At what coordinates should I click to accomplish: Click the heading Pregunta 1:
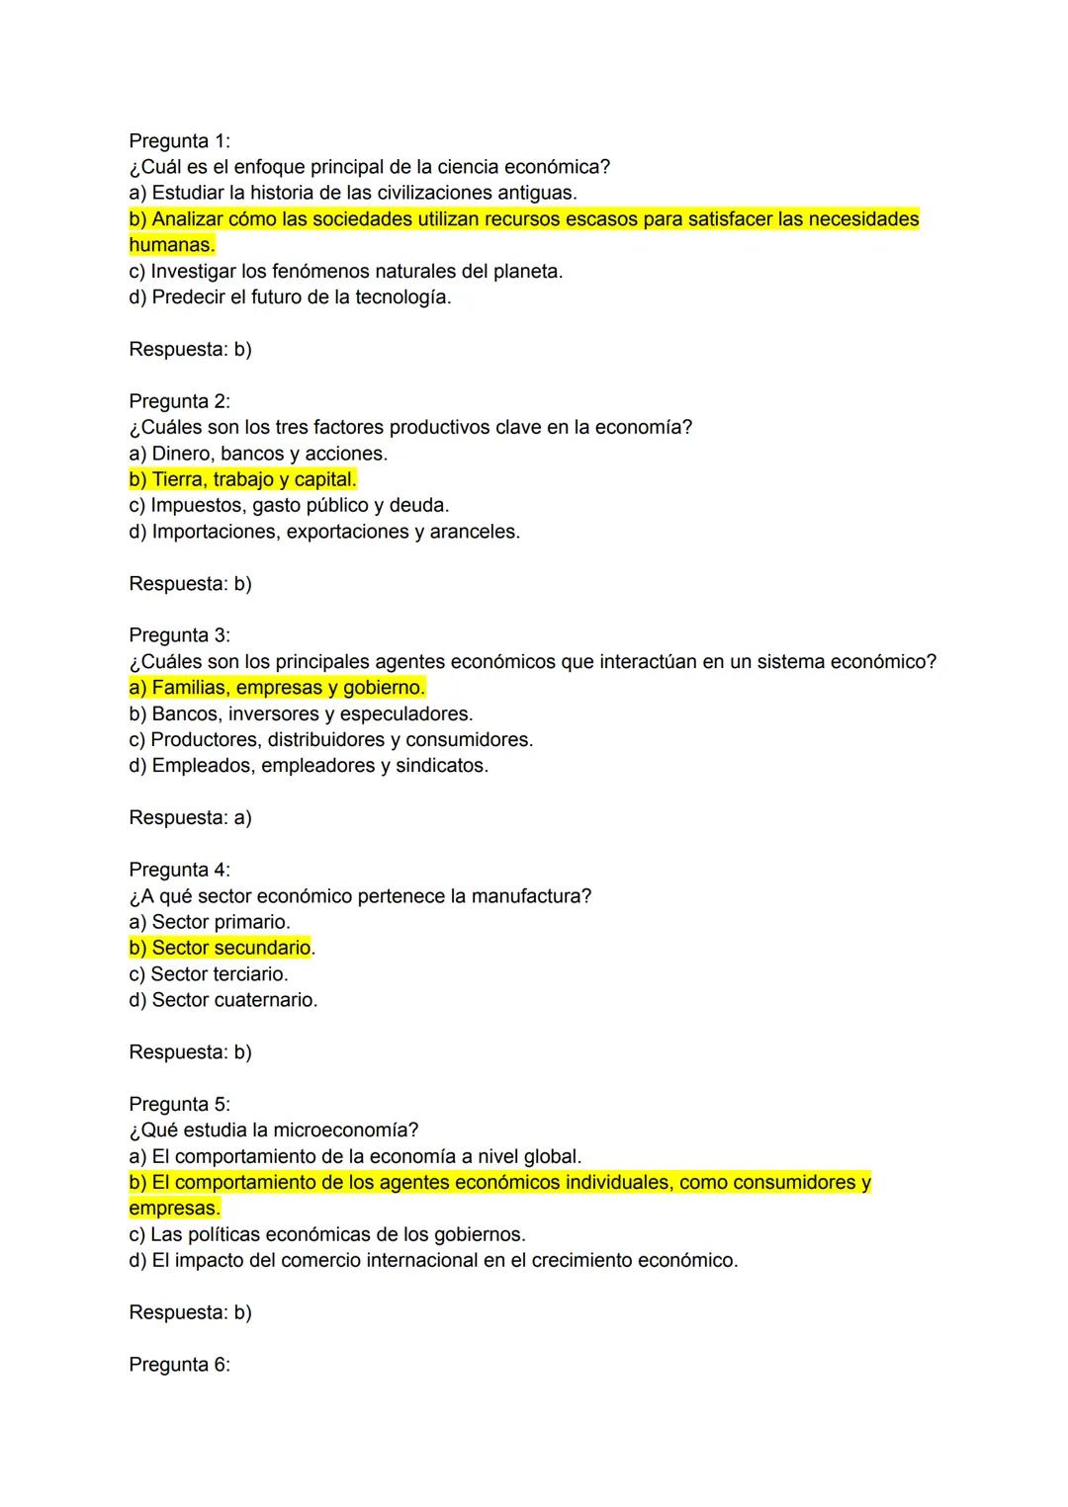179,141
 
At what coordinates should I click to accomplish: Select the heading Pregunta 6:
179,1365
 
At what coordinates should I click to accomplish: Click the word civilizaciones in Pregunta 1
434,193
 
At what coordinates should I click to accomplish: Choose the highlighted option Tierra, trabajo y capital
242,479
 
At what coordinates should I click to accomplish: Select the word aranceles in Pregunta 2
474,532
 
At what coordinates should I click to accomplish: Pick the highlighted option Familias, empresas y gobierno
277,688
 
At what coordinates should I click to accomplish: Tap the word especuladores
405,713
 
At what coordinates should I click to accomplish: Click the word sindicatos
441,766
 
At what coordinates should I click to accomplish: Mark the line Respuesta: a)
190,818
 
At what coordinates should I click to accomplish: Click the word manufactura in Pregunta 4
531,896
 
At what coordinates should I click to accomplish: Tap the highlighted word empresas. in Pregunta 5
174,1209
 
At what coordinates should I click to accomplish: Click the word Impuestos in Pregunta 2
198,506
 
